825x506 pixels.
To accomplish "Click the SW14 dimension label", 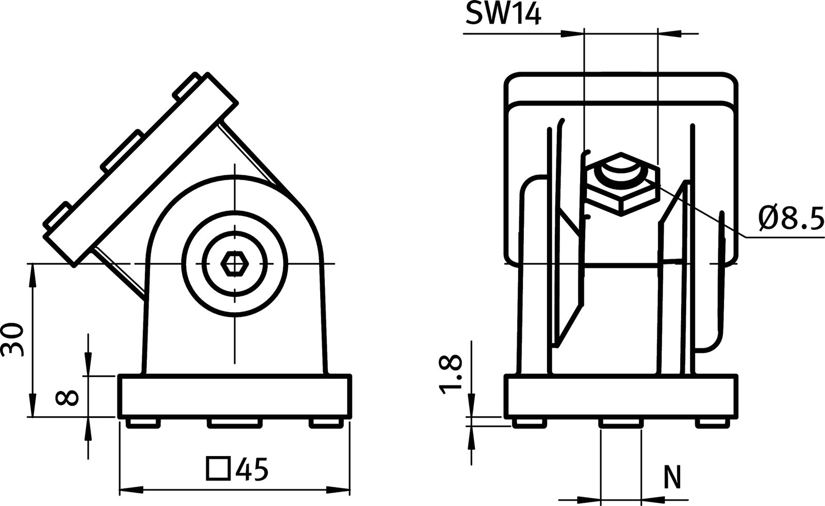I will click(x=503, y=14).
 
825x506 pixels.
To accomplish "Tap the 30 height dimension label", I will click(x=13, y=341).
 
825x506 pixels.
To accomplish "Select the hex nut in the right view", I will click(x=622, y=183).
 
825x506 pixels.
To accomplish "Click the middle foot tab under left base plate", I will click(x=234, y=423).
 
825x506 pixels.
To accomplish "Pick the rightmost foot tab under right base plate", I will click(x=714, y=423).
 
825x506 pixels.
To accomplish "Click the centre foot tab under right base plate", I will click(x=621, y=423).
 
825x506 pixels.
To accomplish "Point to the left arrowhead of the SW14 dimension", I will click(x=572, y=34).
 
